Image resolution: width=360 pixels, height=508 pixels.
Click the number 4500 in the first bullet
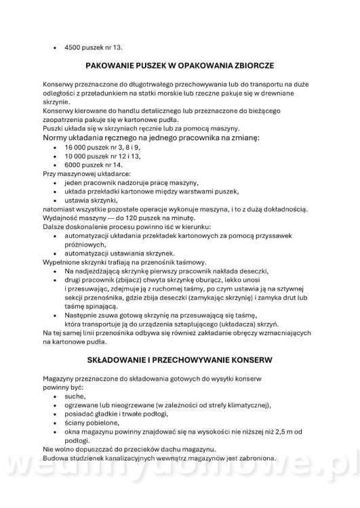pos(73,47)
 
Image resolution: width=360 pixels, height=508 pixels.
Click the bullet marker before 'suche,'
pos(55,396)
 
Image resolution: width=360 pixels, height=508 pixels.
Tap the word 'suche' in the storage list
pos(74,396)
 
